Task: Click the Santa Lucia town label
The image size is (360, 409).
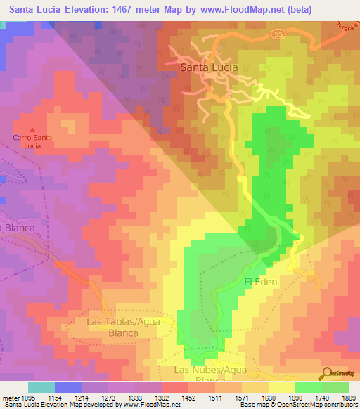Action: (x=209, y=67)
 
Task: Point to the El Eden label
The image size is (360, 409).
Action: (x=262, y=282)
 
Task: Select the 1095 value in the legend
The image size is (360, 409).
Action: (x=20, y=397)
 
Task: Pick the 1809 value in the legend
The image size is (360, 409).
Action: (x=347, y=397)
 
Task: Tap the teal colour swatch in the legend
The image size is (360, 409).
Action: (x=41, y=387)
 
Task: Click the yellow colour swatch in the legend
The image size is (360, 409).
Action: (x=282, y=387)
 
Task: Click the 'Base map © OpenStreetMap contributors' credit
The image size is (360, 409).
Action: (x=297, y=405)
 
